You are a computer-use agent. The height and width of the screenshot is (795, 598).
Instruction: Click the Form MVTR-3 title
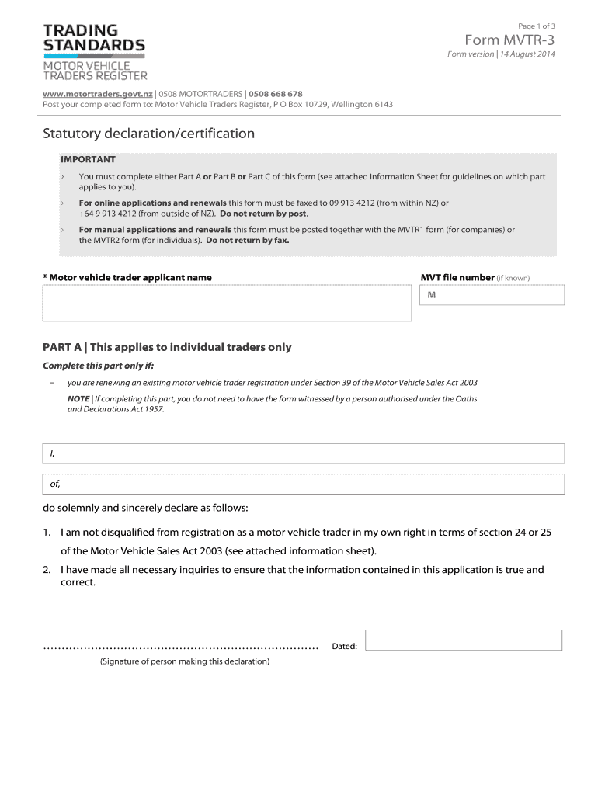(x=509, y=40)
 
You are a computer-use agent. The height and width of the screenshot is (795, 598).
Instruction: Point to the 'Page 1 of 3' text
(x=537, y=26)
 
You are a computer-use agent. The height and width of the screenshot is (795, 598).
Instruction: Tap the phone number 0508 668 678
(x=276, y=94)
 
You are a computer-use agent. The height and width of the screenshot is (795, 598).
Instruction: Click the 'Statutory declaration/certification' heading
(x=148, y=134)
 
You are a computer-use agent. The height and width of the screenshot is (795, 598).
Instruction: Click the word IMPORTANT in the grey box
(x=88, y=159)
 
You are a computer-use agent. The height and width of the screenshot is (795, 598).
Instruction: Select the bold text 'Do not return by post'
(x=264, y=214)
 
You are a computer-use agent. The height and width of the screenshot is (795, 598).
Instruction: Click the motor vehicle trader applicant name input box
(x=227, y=303)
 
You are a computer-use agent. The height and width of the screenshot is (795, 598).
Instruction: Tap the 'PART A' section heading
(x=167, y=347)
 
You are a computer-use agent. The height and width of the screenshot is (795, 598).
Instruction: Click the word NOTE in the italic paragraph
(x=78, y=398)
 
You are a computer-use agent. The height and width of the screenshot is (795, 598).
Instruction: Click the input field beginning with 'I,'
(x=304, y=453)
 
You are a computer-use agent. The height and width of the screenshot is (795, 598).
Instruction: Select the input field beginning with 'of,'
(x=304, y=484)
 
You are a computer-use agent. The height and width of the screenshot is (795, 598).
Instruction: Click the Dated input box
(x=463, y=640)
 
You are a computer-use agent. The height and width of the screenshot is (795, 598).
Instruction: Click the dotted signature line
(x=181, y=647)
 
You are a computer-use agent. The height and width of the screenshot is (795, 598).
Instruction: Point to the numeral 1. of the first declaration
(x=47, y=533)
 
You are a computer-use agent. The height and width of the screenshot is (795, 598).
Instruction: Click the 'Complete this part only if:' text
(x=98, y=366)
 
